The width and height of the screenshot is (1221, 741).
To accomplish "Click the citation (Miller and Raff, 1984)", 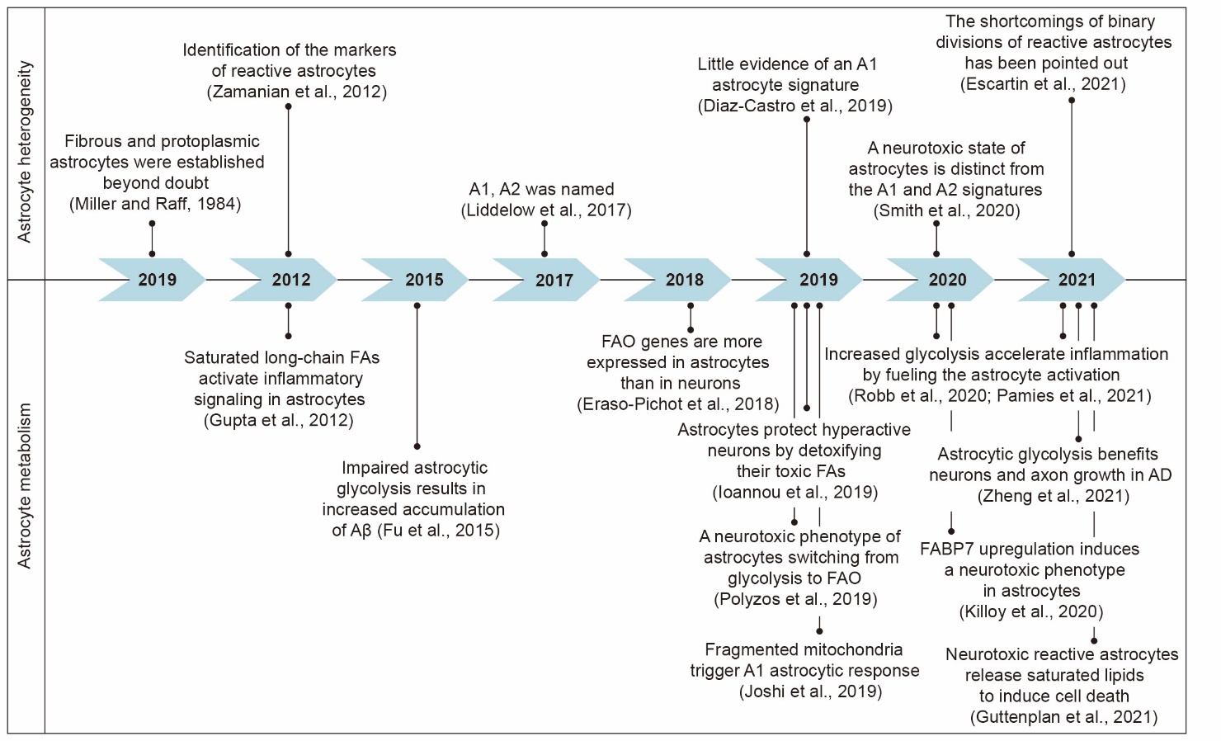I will (x=155, y=204).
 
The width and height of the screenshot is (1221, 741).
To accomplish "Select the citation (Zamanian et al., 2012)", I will (x=296, y=92).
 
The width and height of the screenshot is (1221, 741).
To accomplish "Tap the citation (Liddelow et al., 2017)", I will (x=546, y=210).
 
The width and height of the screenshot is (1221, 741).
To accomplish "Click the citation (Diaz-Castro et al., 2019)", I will (x=794, y=106).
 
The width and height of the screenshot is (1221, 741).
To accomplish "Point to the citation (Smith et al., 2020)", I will (x=946, y=210).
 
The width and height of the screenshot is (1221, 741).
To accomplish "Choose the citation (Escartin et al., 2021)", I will (x=1043, y=84).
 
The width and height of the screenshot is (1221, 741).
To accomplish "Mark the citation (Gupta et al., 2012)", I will (x=279, y=420).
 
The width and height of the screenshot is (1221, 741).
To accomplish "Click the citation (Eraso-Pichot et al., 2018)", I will (x=678, y=404).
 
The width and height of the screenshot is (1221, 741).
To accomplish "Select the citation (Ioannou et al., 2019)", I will (x=794, y=493).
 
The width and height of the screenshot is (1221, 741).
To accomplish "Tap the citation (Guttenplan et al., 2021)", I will (x=1063, y=717).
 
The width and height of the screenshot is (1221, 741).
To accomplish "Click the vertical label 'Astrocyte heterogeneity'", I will (x=25, y=151).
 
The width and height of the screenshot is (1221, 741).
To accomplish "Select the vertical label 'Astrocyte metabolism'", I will (x=25, y=485).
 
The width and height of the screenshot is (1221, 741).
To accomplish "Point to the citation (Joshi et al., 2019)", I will (x=810, y=691).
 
